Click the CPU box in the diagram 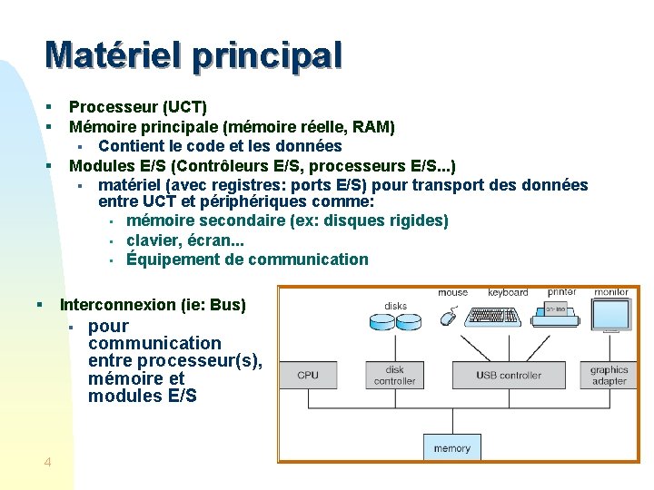(308, 375)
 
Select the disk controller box (394, 375)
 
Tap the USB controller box (509, 375)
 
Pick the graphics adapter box (609, 375)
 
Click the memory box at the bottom (451, 447)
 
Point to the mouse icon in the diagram (449, 317)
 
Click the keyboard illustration (492, 317)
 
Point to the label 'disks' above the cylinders (395, 306)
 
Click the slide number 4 (47, 463)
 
